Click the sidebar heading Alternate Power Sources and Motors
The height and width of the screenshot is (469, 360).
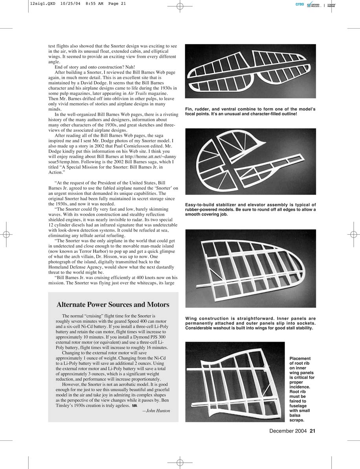coord(113,305)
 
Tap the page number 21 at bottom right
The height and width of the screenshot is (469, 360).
coord(312,431)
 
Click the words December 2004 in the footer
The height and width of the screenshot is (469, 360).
coord(288,431)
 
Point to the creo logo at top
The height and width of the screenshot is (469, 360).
coord(300,4)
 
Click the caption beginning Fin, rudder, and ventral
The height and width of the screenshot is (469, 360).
coord(250,111)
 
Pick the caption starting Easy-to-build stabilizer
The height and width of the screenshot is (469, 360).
coord(250,210)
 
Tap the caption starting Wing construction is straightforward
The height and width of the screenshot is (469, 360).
coord(250,323)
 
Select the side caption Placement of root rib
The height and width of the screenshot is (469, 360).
coord(302,389)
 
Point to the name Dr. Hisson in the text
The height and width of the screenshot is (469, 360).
coord(126,257)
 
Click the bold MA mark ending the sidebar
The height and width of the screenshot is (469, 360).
coord(134,406)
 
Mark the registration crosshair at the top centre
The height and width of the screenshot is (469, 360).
coord(180,6)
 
